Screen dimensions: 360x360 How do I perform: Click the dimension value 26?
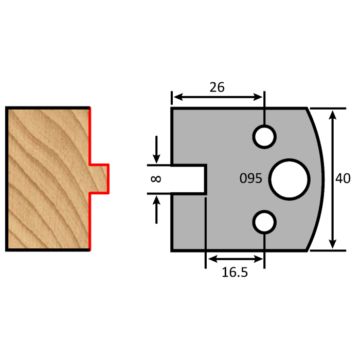pyautogui.click(x=217, y=87)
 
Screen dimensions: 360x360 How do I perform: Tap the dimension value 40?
pyautogui.click(x=343, y=179)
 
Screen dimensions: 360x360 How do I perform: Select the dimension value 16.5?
pyautogui.click(x=235, y=272)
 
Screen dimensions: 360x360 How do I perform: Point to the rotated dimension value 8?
pyautogui.click(x=156, y=179)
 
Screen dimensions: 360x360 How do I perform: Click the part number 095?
pyautogui.click(x=251, y=179)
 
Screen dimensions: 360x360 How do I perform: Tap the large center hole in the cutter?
pyautogui.click(x=290, y=178)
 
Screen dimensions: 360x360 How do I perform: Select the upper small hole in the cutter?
pyautogui.click(x=264, y=136)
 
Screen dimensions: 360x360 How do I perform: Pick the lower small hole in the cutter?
pyautogui.click(x=264, y=222)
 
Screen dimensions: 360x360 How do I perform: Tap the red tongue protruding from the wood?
pyautogui.click(x=100, y=178)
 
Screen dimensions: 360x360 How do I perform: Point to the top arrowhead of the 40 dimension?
pyautogui.click(x=333, y=113)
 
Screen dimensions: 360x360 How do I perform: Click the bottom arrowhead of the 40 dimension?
pyautogui.click(x=333, y=246)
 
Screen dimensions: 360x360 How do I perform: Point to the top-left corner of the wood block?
pyautogui.click(x=7, y=107)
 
